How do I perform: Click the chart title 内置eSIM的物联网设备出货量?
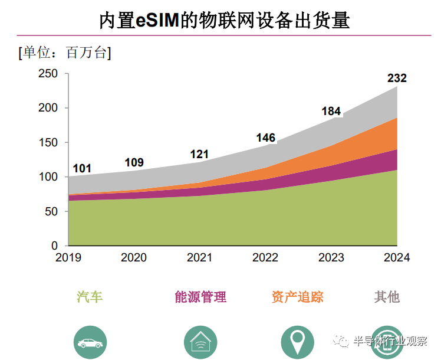(224, 21)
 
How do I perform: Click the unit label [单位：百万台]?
(65, 53)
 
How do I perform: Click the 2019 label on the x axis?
(68, 258)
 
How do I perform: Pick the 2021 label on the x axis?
(200, 258)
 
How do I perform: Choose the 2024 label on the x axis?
(396, 258)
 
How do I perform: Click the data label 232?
(396, 78)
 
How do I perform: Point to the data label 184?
(331, 111)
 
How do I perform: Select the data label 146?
(265, 138)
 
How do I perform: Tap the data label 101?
(82, 169)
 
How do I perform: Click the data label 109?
(134, 163)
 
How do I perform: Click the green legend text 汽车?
(90, 297)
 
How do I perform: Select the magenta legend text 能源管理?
(200, 297)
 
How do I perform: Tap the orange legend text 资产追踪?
(298, 297)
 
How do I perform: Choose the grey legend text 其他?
(387, 297)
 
